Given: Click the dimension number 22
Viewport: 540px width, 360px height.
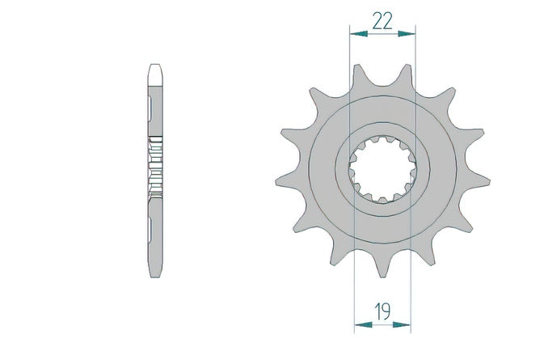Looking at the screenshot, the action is [x=382, y=21].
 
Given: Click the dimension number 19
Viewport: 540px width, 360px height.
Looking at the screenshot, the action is [x=382, y=311].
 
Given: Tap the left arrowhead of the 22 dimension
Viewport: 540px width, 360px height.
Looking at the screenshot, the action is [x=359, y=33].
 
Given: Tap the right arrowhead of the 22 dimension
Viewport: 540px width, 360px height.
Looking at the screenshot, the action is [x=407, y=33].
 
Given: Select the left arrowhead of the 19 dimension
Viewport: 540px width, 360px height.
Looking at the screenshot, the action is [x=363, y=324].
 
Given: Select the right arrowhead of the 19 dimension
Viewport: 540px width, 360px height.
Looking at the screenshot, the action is [x=402, y=324].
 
